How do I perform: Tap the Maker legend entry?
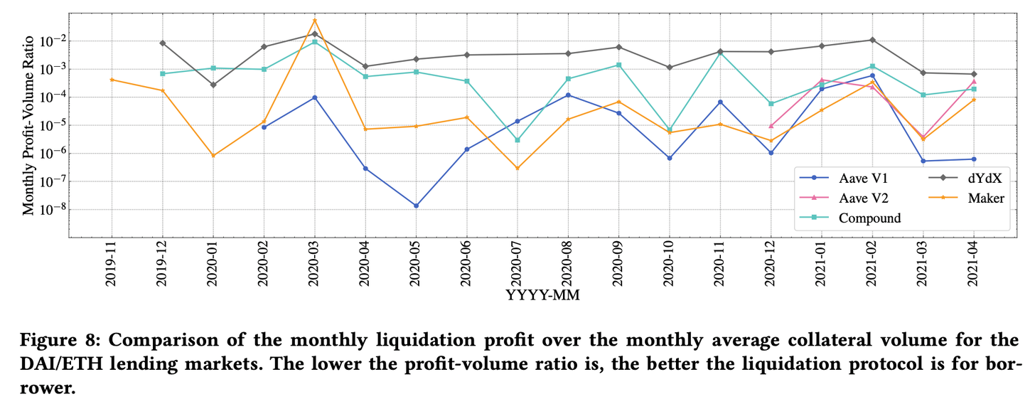(x=985, y=198)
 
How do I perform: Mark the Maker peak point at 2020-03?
(x=314, y=20)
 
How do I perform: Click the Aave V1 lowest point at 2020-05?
(x=416, y=206)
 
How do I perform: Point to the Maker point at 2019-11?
(x=112, y=80)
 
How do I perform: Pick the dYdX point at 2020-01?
(x=213, y=85)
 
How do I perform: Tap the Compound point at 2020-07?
(x=517, y=140)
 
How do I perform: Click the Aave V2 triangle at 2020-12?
(x=771, y=126)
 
